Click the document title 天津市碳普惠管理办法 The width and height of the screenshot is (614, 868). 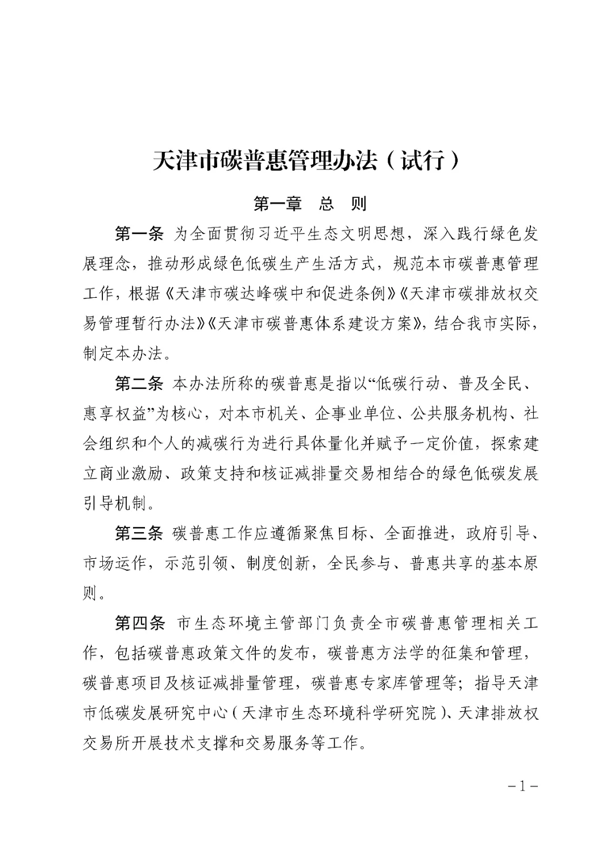coord(265,161)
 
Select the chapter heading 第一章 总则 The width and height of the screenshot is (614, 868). coord(309,203)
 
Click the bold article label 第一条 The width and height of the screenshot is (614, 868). coord(139,234)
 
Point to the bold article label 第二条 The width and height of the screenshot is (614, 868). coord(139,384)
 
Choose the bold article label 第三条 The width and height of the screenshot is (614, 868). coord(139,534)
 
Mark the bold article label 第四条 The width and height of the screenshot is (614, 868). coord(139,624)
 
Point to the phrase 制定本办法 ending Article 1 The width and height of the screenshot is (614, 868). coord(123,354)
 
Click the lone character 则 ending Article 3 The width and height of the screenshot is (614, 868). coord(90,594)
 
